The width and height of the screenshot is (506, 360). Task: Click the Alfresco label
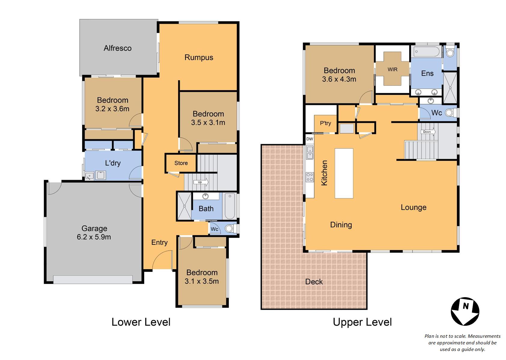(x=117, y=48)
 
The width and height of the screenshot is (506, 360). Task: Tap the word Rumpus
(x=199, y=58)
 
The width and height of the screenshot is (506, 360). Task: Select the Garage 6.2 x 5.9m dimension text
(x=94, y=237)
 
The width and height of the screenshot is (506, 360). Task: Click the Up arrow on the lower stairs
(x=201, y=182)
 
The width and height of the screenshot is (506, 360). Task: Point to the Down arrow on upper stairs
(x=428, y=132)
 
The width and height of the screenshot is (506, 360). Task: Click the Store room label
(x=181, y=163)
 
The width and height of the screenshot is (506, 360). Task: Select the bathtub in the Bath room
(x=230, y=206)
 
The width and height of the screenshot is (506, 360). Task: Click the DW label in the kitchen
(x=310, y=139)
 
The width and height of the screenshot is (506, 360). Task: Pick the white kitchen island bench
(x=344, y=173)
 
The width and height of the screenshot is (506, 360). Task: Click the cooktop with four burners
(x=310, y=177)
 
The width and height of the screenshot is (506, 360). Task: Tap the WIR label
(x=392, y=69)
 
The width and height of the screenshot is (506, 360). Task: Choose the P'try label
(x=325, y=123)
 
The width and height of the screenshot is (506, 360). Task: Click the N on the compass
(x=465, y=306)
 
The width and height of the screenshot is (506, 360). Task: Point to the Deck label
(x=314, y=282)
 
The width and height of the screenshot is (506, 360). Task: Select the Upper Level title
(x=362, y=322)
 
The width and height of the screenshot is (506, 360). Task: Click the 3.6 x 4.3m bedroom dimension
(x=339, y=79)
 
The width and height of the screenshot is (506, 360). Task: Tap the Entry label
(x=159, y=243)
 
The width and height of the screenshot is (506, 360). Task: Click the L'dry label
(x=113, y=163)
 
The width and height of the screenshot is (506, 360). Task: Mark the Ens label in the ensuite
(x=427, y=73)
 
